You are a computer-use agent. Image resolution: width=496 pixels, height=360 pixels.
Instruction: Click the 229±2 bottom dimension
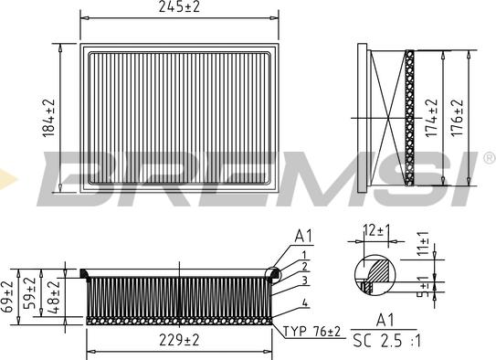(x=179, y=341)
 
